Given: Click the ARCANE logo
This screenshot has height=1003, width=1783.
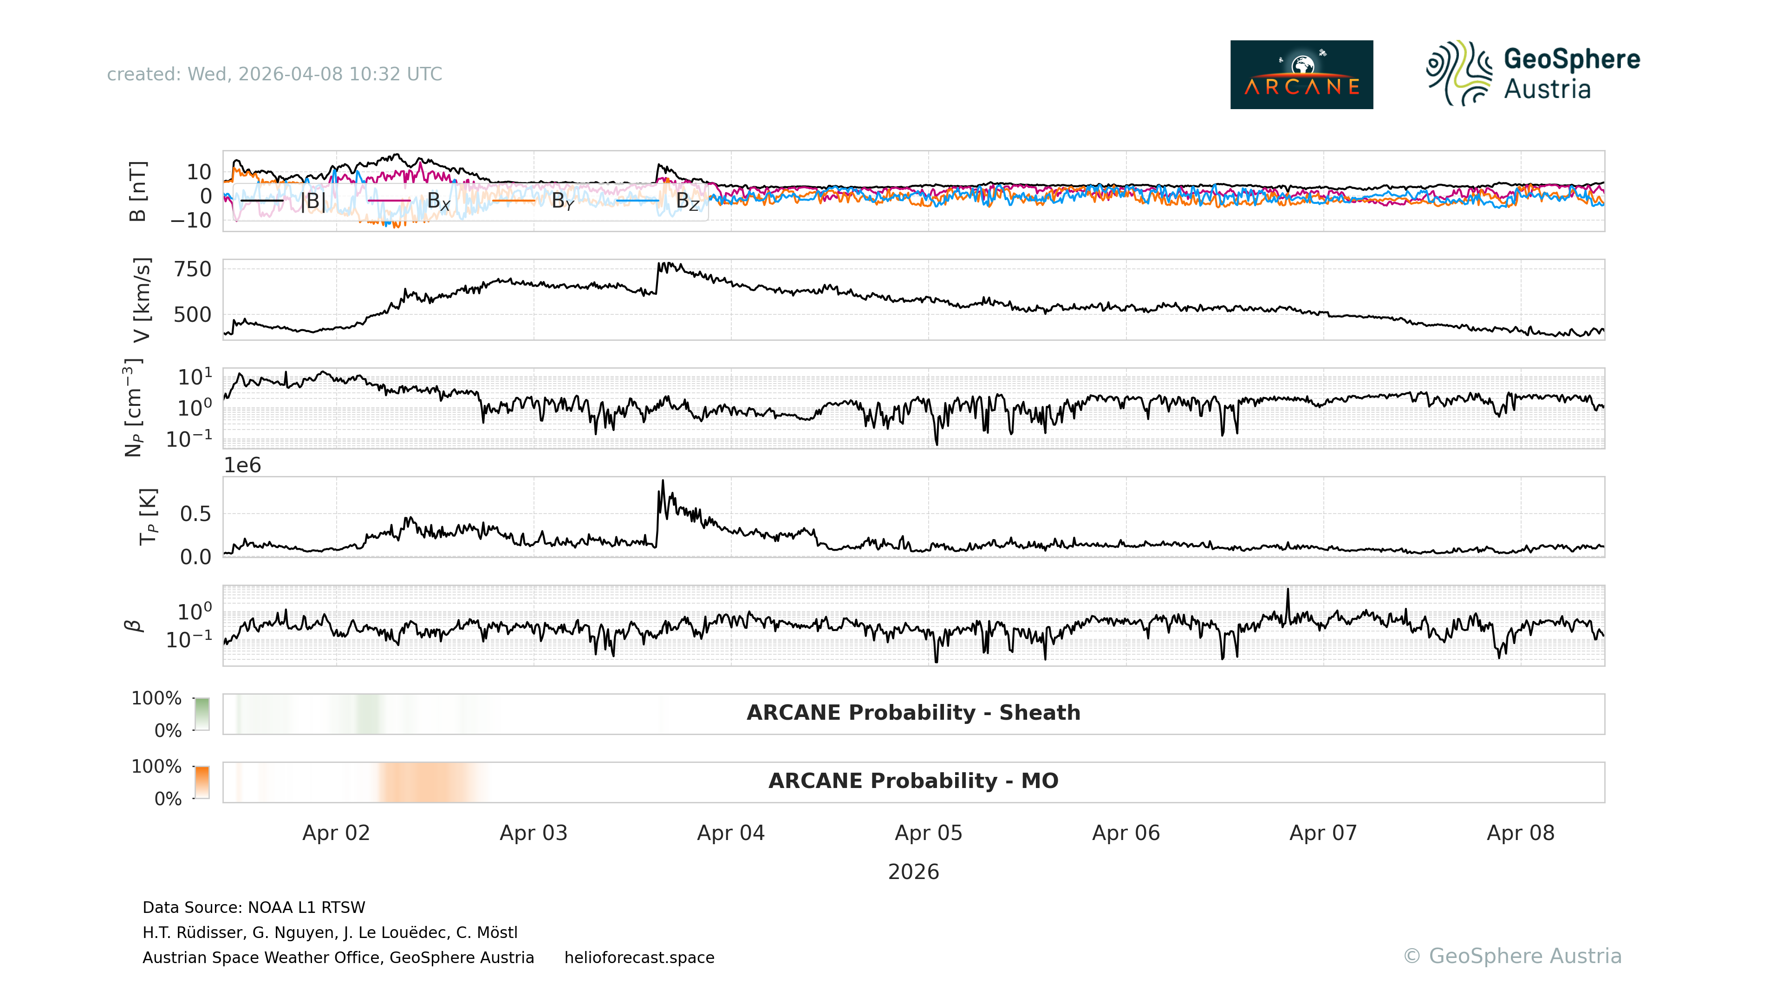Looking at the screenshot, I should pyautogui.click(x=1301, y=75).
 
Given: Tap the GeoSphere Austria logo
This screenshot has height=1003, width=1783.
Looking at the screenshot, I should pyautogui.click(x=1532, y=73).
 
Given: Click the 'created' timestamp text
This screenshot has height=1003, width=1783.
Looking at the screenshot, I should pyautogui.click(x=274, y=74).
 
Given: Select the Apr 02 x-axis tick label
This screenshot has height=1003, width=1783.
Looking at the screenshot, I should pyautogui.click(x=336, y=833).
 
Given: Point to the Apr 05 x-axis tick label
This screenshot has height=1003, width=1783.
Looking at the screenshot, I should pyautogui.click(x=928, y=833).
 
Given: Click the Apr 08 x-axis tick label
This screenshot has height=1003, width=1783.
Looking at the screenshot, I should pyautogui.click(x=1520, y=833).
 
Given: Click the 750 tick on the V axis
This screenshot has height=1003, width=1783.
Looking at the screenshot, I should pyautogui.click(x=192, y=269).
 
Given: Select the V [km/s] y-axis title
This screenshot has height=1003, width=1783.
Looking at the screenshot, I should pyautogui.click(x=141, y=300).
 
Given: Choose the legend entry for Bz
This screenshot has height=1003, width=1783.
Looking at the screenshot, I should pyautogui.click(x=687, y=201).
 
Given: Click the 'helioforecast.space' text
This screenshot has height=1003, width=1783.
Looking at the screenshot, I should pyautogui.click(x=639, y=957).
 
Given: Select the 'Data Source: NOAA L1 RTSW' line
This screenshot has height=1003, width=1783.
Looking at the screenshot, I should pyautogui.click(x=254, y=907).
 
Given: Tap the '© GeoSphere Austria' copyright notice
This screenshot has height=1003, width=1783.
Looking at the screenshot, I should pyautogui.click(x=1512, y=956).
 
